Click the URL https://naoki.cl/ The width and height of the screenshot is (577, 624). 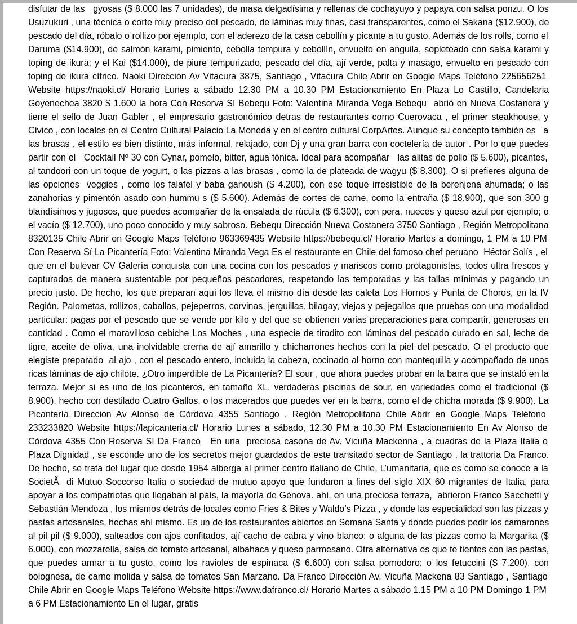point(95,90)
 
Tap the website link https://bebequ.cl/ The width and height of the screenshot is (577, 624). point(338,238)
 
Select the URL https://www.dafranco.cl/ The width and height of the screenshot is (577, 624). point(261,590)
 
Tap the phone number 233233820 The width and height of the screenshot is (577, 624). point(51,427)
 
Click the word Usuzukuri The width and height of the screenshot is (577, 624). point(48,22)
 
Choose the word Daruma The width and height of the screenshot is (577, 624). point(44,49)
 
